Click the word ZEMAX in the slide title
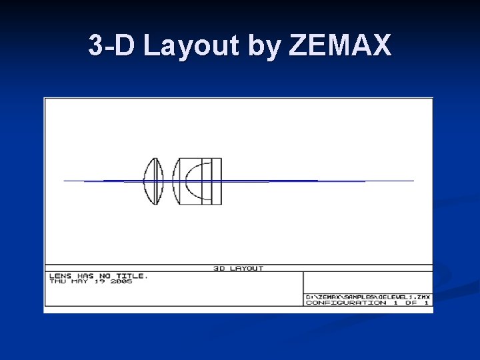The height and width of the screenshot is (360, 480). point(341,46)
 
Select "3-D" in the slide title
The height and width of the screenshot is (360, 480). point(113,46)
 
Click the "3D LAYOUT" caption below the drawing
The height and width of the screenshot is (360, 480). point(238,268)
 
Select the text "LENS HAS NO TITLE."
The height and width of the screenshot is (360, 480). point(98,275)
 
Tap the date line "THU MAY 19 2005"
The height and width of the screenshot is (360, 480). point(91,281)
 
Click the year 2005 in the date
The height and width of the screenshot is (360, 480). point(122,281)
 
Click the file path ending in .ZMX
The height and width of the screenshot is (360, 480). point(367,297)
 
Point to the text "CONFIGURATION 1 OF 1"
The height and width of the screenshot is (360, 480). point(367,303)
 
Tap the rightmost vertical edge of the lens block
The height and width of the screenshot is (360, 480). point(221,170)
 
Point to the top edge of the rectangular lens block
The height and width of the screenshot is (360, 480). point(200,158)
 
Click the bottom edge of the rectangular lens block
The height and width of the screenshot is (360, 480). point(200,204)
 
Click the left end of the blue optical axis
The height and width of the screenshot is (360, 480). point(65,181)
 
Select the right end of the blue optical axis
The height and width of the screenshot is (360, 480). point(413,181)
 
